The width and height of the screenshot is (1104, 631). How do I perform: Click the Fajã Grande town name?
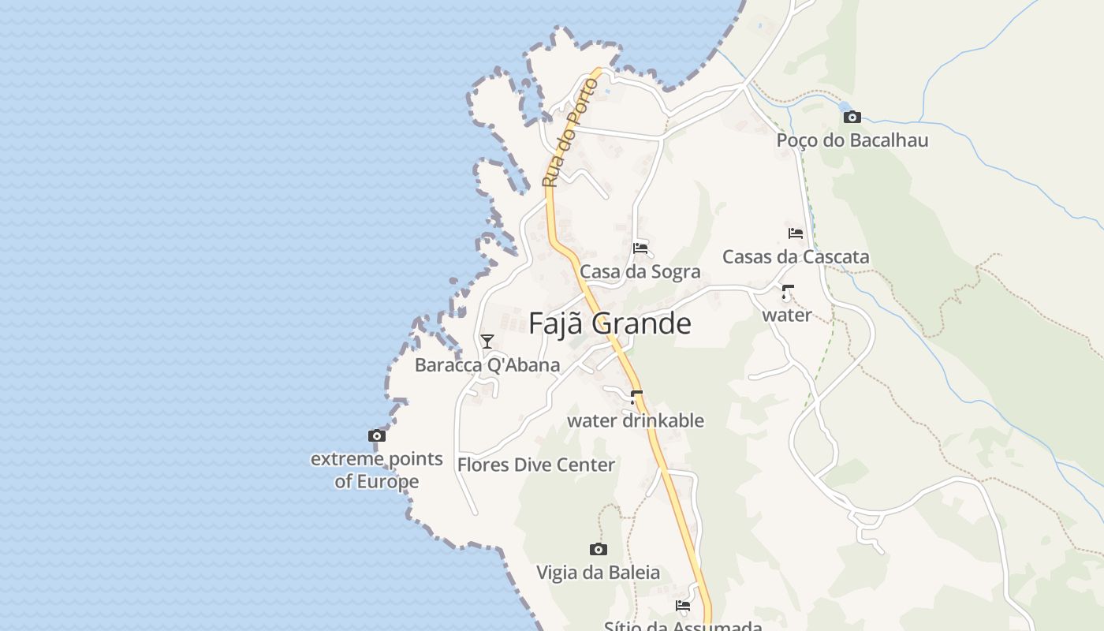click(610, 323)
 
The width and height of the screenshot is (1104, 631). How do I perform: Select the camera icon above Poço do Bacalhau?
click(852, 117)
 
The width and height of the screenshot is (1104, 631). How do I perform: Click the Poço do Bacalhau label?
click(852, 140)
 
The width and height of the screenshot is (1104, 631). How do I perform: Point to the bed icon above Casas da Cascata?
click(796, 233)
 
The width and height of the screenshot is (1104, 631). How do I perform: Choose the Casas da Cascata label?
click(796, 257)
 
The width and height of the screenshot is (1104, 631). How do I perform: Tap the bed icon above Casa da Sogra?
click(640, 248)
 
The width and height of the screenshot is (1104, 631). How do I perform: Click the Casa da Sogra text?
click(640, 272)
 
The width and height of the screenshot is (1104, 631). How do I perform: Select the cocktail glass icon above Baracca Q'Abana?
click(487, 341)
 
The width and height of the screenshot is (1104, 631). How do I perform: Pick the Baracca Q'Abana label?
click(487, 365)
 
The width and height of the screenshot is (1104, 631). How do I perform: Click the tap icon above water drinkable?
click(636, 397)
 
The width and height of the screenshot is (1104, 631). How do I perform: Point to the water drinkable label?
click(636, 420)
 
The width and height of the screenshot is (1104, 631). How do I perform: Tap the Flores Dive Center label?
click(536, 465)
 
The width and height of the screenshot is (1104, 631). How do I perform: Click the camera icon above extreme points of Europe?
click(377, 435)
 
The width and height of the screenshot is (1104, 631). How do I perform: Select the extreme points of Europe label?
click(377, 470)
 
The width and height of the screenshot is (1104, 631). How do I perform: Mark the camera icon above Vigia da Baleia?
click(599, 549)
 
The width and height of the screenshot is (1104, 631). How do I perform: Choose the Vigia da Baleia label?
click(599, 573)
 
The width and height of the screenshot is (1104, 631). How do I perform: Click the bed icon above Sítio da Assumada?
click(683, 606)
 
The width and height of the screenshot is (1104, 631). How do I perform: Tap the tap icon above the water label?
click(787, 292)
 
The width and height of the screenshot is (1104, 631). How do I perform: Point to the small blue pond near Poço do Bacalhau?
click(845, 106)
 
